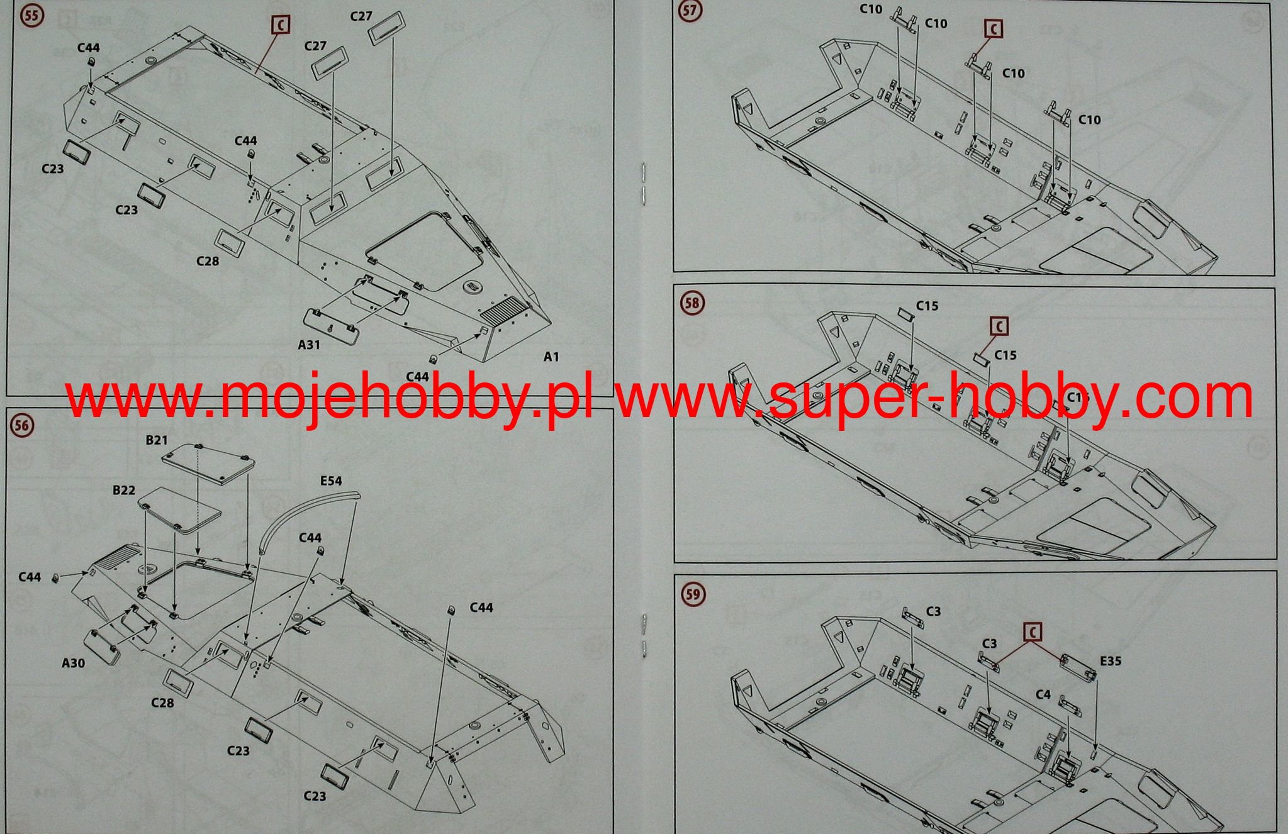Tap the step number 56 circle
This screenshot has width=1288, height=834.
(22, 426)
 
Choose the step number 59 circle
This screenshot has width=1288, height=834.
(692, 594)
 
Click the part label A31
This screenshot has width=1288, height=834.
(309, 344)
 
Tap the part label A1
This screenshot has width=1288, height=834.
(551, 357)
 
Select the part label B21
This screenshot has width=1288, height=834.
(157, 440)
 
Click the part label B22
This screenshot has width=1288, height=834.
(124, 490)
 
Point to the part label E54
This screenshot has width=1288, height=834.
(331, 481)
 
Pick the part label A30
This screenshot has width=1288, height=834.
(74, 662)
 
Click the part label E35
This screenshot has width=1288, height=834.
(1111, 661)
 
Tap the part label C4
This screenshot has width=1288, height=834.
(1043, 694)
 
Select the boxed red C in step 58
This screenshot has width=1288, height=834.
(999, 326)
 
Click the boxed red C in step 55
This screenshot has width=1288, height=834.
(281, 25)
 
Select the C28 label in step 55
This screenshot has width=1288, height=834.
(208, 260)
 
